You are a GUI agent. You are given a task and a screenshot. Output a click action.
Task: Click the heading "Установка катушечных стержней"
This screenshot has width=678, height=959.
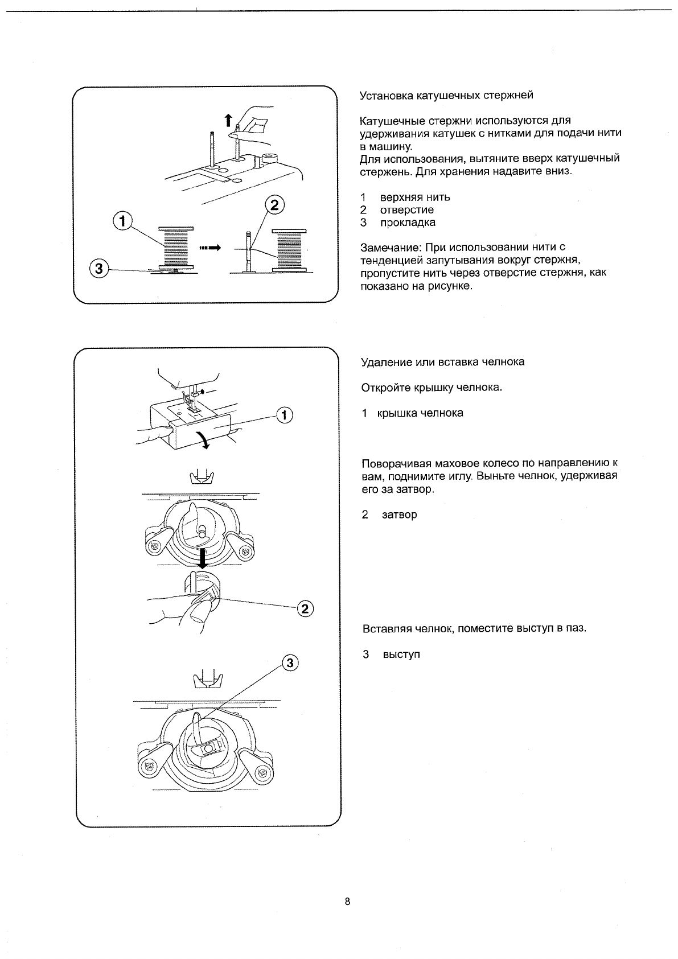click(x=447, y=95)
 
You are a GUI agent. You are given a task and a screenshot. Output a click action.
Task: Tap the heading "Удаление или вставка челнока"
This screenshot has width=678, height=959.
click(x=443, y=362)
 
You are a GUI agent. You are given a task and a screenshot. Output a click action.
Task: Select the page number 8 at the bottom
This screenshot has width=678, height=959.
click(x=347, y=902)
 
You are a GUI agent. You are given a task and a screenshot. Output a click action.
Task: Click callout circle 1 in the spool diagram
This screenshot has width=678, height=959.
click(x=122, y=220)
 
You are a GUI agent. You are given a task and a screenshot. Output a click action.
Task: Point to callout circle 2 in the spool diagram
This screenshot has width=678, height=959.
click(x=274, y=205)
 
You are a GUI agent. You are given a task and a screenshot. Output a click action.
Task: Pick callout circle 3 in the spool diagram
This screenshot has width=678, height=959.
click(x=99, y=269)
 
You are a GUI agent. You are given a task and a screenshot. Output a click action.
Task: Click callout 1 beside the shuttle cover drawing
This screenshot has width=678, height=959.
click(x=284, y=415)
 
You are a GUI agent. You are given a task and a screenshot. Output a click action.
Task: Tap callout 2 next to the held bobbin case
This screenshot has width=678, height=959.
click(x=305, y=609)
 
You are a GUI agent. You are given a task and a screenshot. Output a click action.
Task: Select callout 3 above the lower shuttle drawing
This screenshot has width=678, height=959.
click(x=290, y=662)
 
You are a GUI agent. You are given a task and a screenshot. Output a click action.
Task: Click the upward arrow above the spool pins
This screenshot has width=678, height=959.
click(x=228, y=120)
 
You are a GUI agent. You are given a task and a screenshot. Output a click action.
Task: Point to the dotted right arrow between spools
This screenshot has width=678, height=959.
click(x=209, y=248)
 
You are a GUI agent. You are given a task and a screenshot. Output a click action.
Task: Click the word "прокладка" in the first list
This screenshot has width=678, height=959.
click(x=408, y=223)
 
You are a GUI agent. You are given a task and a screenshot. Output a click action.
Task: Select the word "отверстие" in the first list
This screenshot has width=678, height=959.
click(x=406, y=210)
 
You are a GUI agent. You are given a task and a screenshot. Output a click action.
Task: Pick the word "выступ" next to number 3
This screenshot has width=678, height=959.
click(x=401, y=655)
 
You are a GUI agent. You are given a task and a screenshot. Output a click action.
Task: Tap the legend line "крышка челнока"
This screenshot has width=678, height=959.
click(x=420, y=413)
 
